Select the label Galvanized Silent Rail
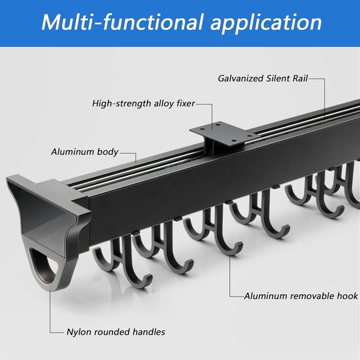click(263, 78)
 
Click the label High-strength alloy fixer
click(144, 103)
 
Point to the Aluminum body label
click(85, 152)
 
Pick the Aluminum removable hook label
click(301, 296)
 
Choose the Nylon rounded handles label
click(116, 332)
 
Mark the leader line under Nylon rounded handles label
click(50, 311)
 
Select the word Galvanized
click(241, 78)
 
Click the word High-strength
click(121, 103)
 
